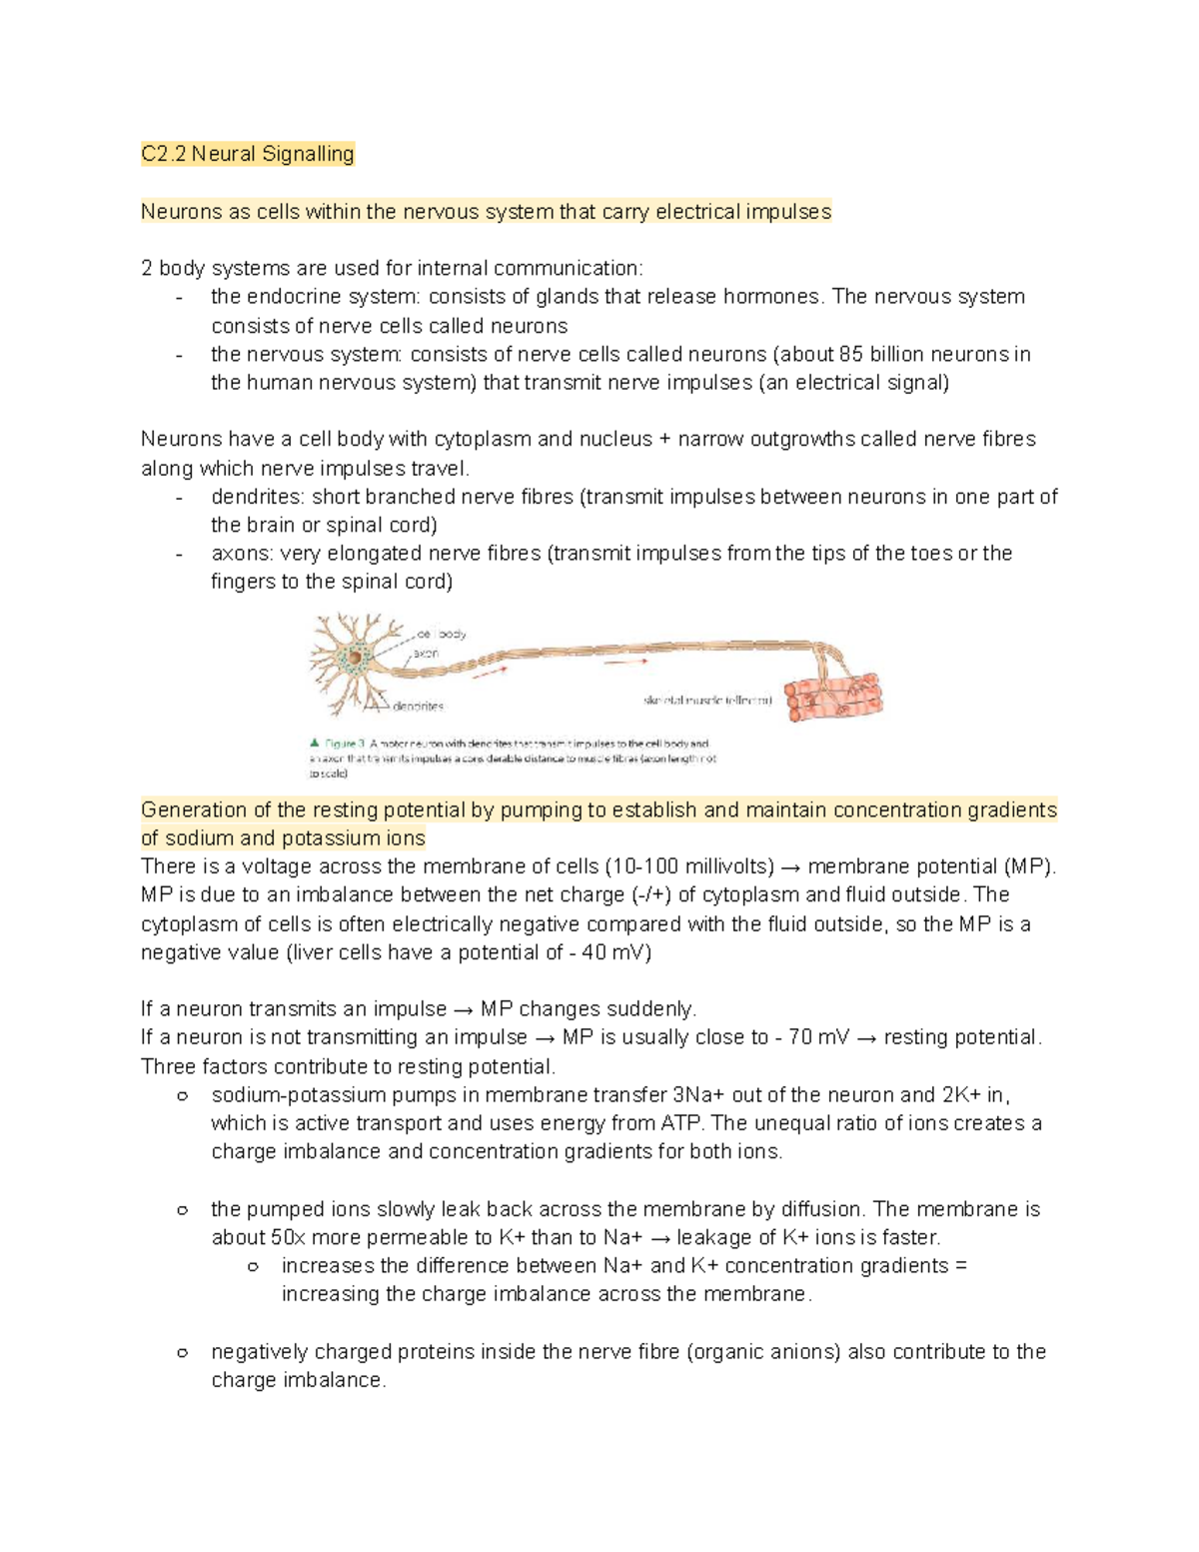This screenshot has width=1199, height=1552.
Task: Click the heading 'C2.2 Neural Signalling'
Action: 247,154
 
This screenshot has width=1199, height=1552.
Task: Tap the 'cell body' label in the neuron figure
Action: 442,634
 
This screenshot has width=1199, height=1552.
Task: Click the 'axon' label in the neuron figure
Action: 426,653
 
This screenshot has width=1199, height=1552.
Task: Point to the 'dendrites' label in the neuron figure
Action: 418,706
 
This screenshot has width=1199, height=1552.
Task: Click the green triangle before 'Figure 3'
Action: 315,743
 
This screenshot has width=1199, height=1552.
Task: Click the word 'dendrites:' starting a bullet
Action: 258,497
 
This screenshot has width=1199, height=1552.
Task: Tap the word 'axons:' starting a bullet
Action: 242,553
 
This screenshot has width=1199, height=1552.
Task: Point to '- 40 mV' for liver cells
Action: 610,952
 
